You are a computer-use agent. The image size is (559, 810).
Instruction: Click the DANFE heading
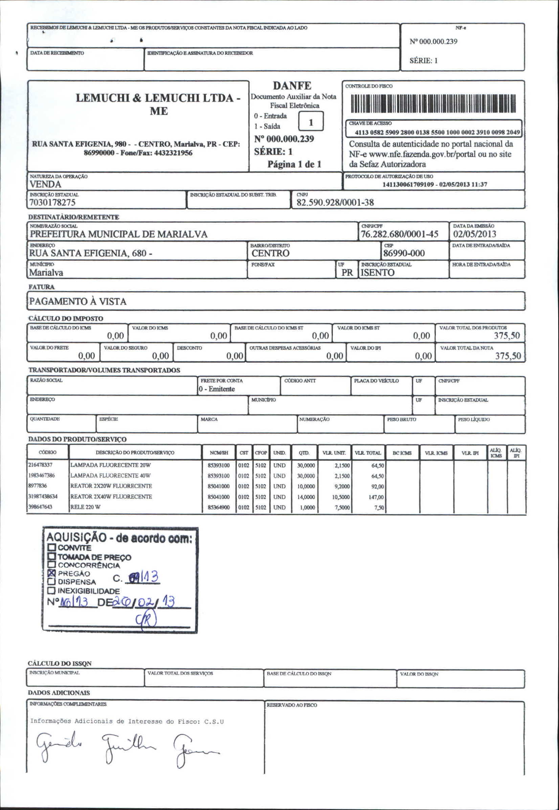[292, 86]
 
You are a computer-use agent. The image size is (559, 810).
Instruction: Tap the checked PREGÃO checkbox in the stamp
[52, 573]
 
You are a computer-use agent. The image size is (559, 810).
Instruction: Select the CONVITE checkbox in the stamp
[52, 547]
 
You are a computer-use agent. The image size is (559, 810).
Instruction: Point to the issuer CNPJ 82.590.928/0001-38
[335, 202]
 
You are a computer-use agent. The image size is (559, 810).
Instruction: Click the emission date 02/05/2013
[475, 234]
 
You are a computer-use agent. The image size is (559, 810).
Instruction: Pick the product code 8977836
[38, 486]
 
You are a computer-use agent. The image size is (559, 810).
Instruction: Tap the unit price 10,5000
[340, 497]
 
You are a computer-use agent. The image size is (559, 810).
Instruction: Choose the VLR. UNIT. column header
[334, 453]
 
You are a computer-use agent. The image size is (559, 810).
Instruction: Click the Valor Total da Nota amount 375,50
[508, 356]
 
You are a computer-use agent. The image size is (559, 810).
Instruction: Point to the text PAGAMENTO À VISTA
[78, 302]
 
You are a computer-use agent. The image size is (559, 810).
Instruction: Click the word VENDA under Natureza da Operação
[45, 184]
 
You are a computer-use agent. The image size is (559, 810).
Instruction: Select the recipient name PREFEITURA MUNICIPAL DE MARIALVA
[118, 234]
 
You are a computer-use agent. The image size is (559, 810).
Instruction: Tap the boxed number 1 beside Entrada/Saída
[311, 122]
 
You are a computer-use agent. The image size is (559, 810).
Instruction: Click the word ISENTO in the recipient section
[377, 272]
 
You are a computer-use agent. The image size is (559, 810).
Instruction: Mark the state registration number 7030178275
[52, 202]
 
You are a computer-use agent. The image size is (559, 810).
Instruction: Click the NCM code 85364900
[219, 507]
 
